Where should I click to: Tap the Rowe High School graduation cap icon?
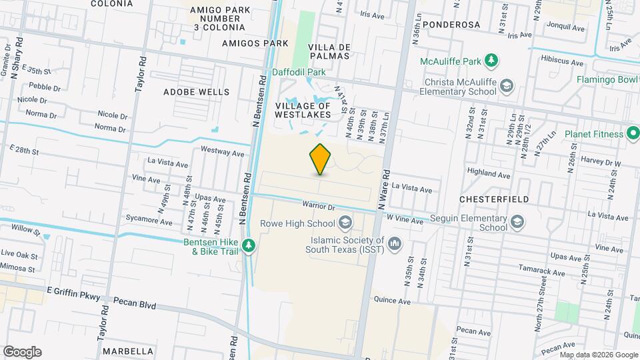pos(345,222)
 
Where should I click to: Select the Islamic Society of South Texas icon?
pos(395,245)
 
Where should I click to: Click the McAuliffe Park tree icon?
pos(491,61)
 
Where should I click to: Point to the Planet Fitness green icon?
pos(632,134)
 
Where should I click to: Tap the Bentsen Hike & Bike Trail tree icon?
pos(249,245)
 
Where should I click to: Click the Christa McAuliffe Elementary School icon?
pos(507,85)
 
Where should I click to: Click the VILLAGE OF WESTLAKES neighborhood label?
pos(303,110)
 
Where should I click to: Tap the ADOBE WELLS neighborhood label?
pos(196,92)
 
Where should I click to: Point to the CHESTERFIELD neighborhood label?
pos(494,199)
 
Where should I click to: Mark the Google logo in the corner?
pos(22,352)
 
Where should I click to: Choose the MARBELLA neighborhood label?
pos(132,351)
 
